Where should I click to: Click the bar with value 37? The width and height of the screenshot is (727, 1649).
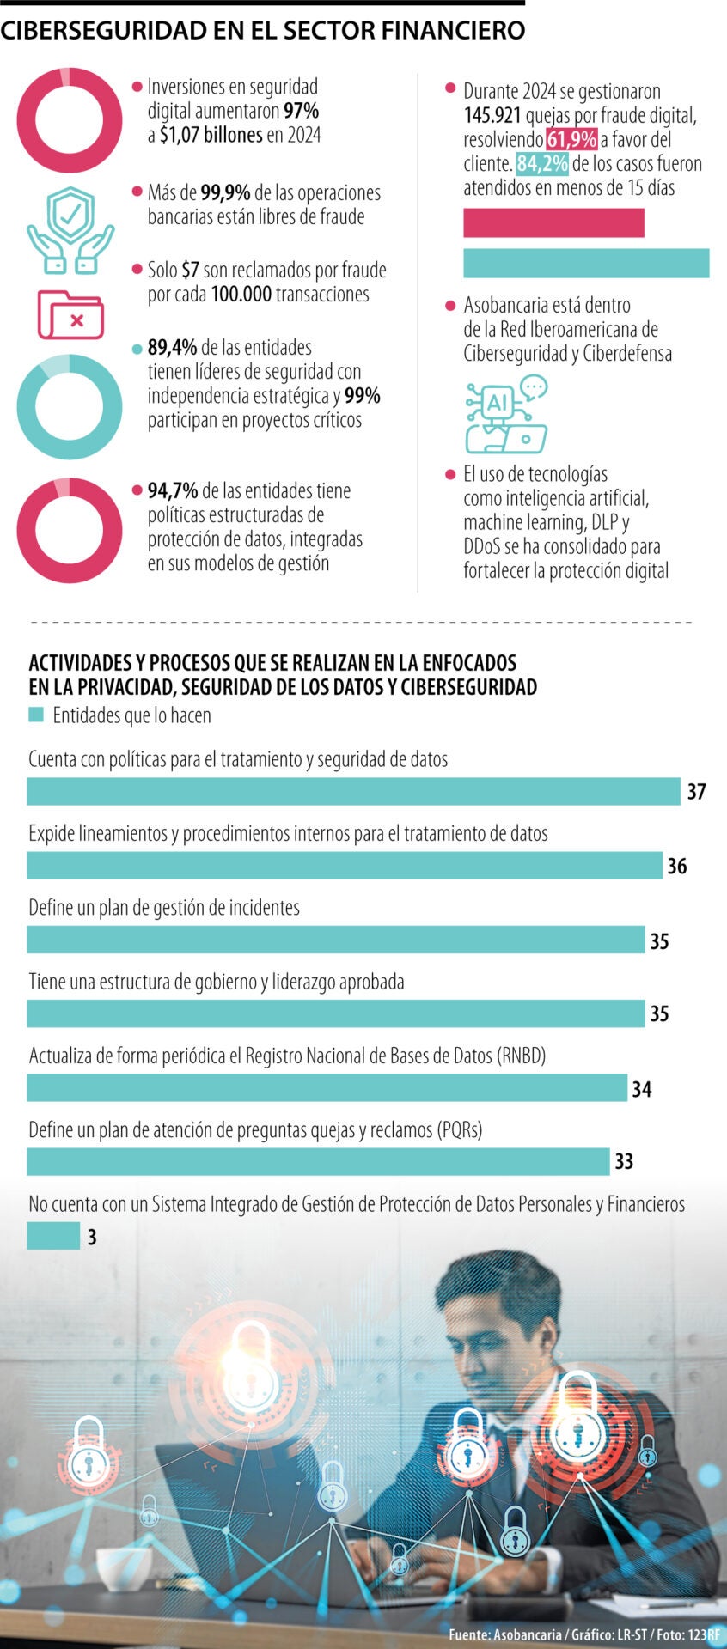(x=352, y=791)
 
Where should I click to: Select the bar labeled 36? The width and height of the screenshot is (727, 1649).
(x=344, y=865)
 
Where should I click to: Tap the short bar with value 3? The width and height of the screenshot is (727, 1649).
(x=53, y=1236)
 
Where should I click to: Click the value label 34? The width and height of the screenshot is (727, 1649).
(x=642, y=1089)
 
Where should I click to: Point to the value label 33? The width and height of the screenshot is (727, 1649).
(x=624, y=1162)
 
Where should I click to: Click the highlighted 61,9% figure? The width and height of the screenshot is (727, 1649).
(x=571, y=140)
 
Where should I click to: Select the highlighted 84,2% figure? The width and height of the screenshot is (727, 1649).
(x=541, y=164)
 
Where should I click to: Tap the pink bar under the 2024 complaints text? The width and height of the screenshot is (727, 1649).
(x=553, y=223)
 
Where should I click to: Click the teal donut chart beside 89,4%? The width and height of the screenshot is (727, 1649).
(x=70, y=407)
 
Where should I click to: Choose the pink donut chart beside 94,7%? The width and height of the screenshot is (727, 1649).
(x=70, y=530)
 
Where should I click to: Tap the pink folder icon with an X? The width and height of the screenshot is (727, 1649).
(x=70, y=315)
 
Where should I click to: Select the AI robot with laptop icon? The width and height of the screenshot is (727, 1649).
(x=506, y=414)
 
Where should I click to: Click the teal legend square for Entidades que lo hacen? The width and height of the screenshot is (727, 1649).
(x=36, y=715)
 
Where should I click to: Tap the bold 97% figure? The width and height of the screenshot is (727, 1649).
(x=301, y=111)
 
